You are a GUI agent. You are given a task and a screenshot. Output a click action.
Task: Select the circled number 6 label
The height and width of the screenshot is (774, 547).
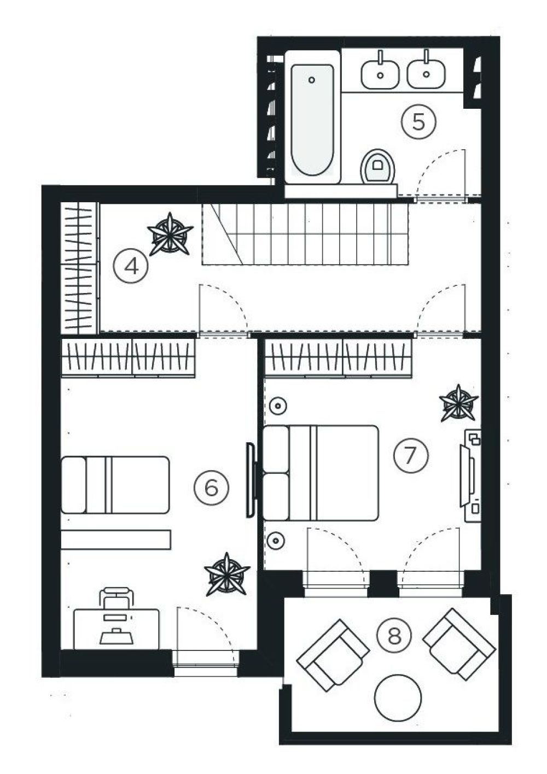(212, 488)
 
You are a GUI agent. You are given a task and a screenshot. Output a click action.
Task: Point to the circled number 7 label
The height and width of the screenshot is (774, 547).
(411, 455)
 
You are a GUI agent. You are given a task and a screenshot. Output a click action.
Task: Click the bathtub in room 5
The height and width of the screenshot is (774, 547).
(312, 117)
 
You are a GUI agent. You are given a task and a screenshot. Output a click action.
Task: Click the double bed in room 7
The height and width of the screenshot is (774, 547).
(321, 473)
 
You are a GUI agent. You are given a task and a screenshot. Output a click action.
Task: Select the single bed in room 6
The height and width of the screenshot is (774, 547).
(115, 485)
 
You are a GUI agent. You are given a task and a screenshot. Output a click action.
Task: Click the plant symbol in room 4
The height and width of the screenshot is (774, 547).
(170, 234)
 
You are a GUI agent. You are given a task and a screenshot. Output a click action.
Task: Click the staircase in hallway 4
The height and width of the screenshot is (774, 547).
(305, 234)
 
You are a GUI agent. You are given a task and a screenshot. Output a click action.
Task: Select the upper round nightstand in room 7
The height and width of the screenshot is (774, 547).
(277, 405)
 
